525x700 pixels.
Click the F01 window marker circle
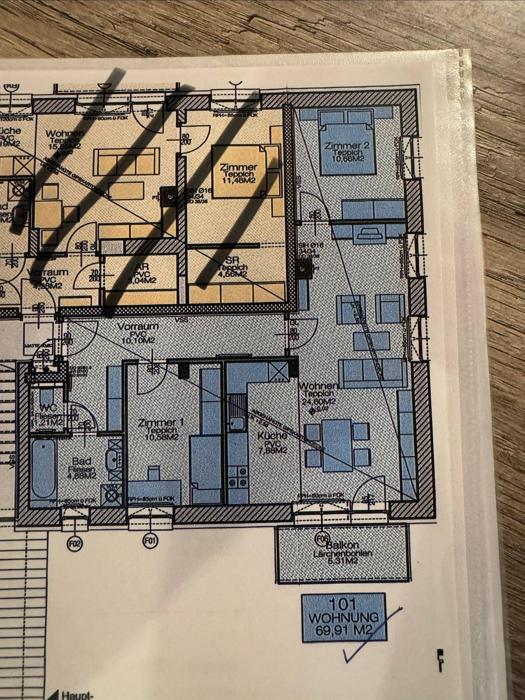pos(150,541)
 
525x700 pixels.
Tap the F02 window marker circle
pos(75,544)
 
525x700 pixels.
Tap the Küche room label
pos(272,436)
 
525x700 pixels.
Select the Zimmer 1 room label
pos(161,423)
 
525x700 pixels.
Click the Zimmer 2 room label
pos(346,145)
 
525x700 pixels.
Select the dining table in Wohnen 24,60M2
pos(336,445)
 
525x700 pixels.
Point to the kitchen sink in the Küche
pos(237,423)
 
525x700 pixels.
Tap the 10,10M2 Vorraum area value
pos(138,340)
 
